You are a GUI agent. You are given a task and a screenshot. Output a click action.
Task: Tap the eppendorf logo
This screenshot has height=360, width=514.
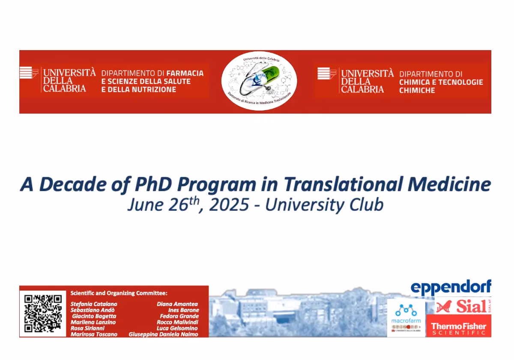[451, 288]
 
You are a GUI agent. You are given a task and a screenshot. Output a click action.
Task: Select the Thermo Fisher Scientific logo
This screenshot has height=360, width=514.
[458, 328]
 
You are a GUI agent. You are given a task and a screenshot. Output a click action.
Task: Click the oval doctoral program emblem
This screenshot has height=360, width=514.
[259, 81]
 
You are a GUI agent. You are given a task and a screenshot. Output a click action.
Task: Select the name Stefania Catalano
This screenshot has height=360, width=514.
[94, 304]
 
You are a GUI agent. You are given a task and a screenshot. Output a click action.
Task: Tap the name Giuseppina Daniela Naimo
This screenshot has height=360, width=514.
[163, 334]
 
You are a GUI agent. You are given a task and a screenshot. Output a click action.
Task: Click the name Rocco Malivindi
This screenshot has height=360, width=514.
[177, 322]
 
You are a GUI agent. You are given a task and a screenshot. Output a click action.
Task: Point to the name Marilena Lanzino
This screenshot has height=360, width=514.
[93, 322]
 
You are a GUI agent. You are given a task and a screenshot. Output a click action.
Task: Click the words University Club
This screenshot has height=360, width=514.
[324, 205]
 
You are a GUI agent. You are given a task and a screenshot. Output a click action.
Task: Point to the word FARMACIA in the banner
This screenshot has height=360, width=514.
[185, 73]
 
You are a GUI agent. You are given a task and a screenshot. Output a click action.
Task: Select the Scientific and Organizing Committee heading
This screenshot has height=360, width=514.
[119, 293]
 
